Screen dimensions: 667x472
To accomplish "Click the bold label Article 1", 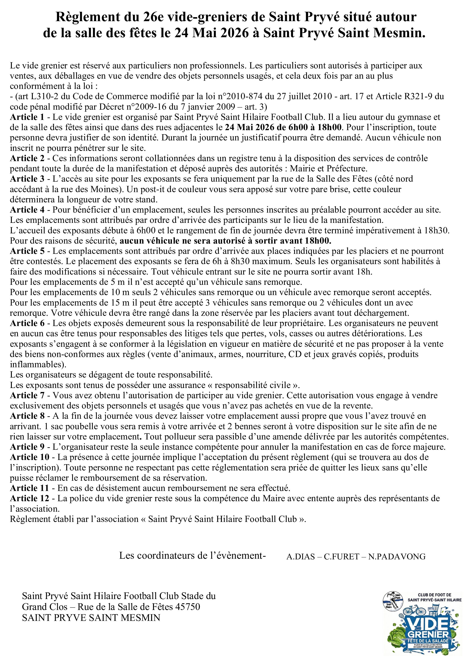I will point(27,117).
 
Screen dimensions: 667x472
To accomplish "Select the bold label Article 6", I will point(27,323).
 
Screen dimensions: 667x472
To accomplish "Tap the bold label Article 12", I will point(30,498).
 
